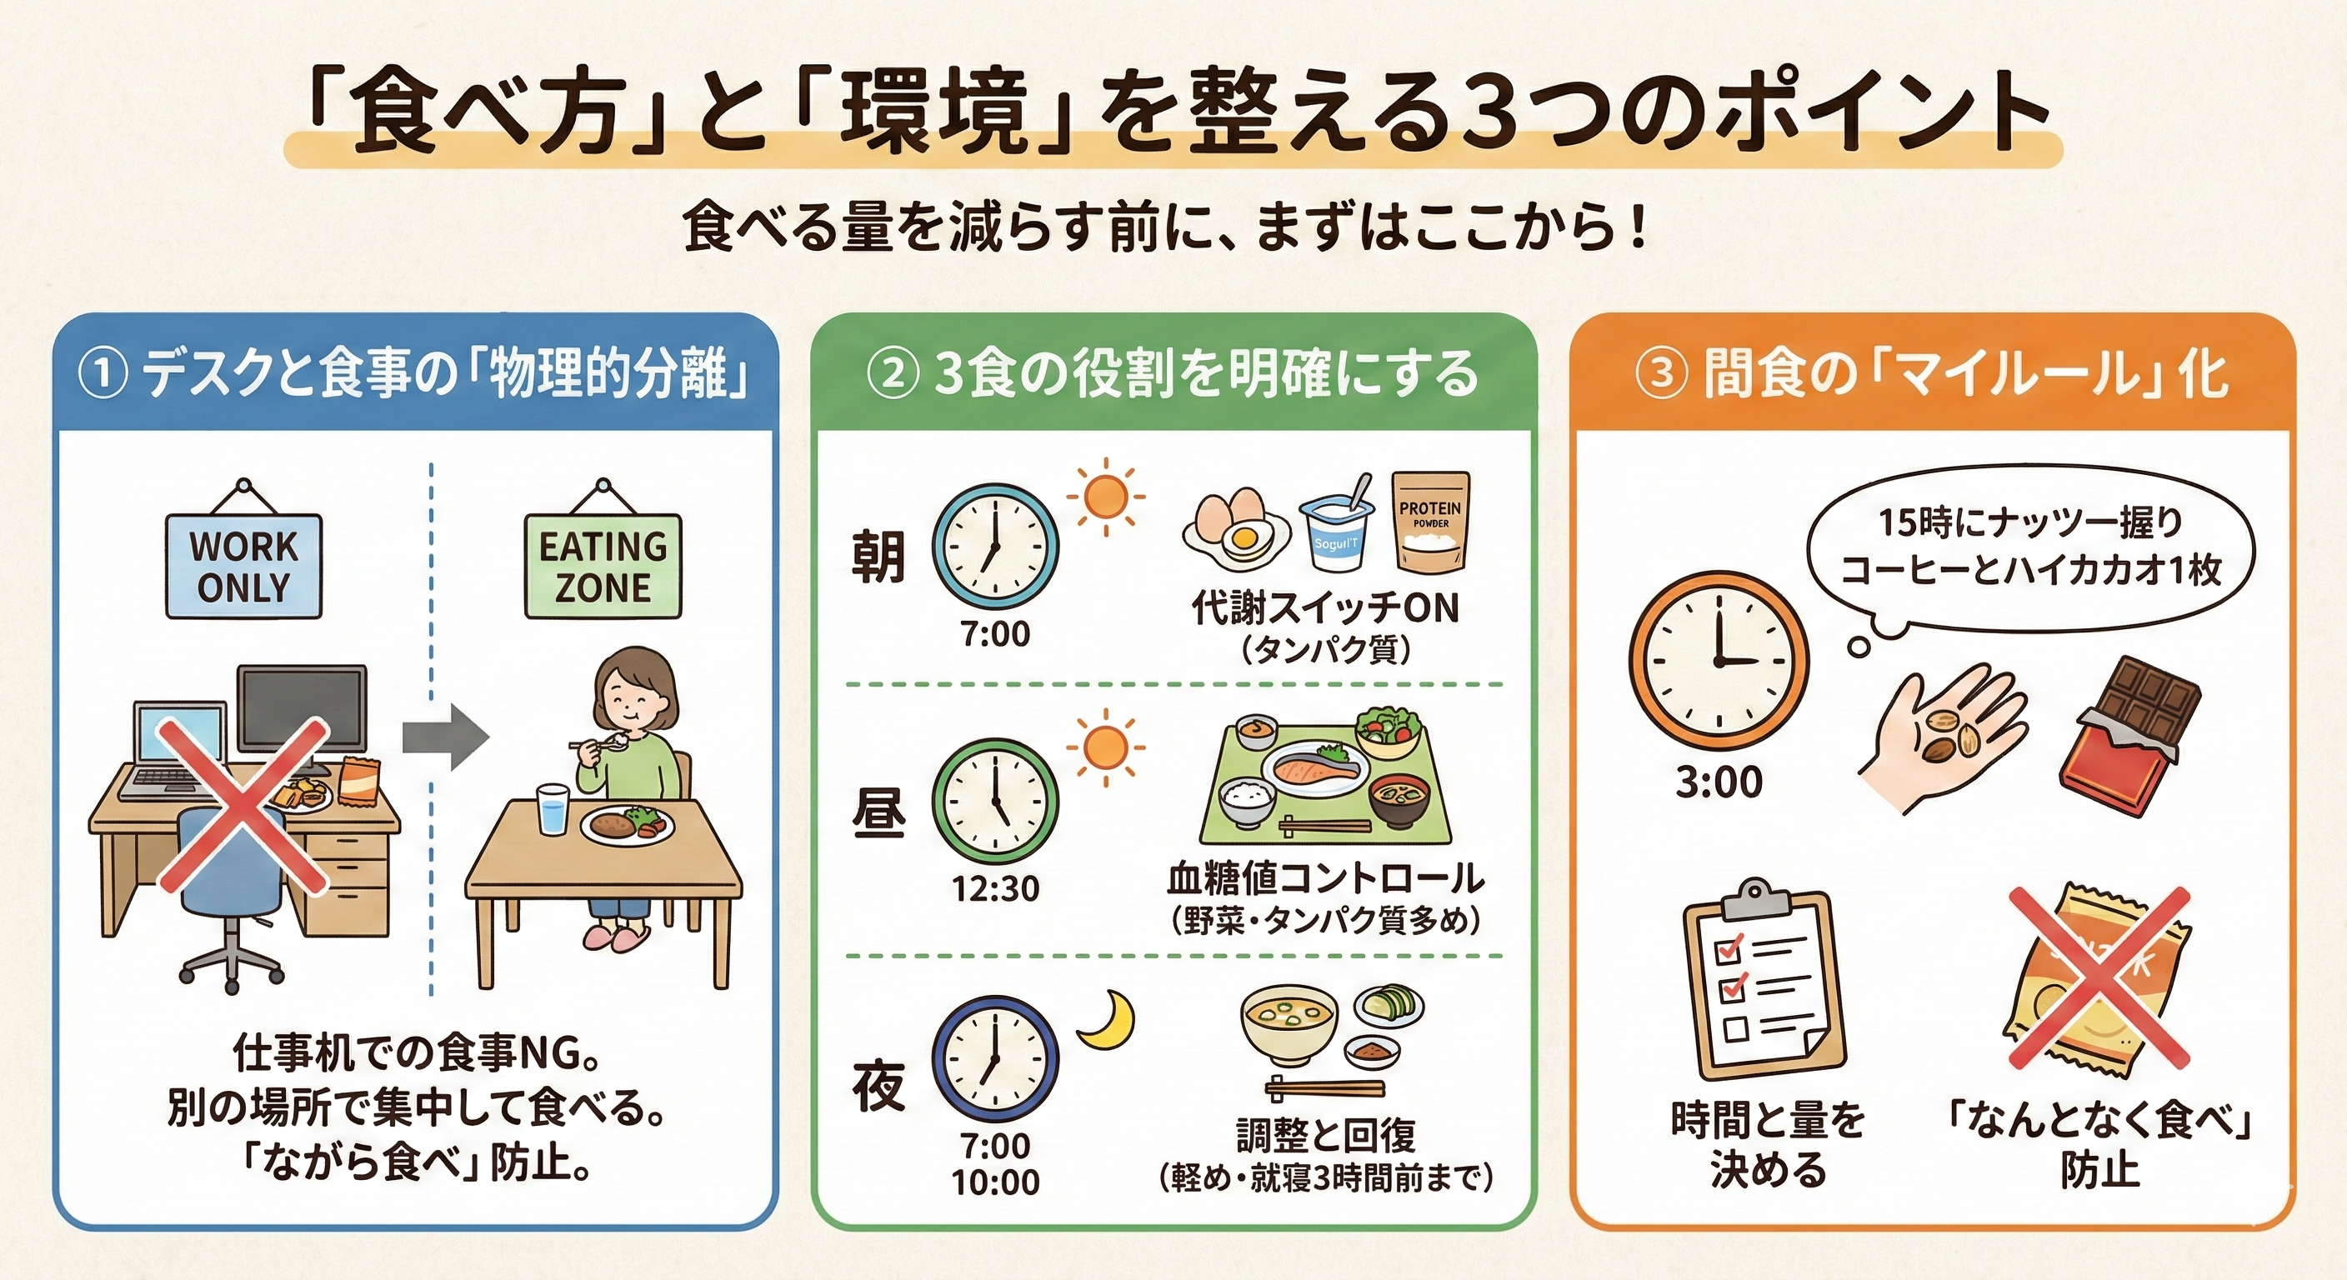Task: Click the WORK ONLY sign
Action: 243,566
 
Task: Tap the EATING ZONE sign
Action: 603,566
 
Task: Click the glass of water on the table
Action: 552,809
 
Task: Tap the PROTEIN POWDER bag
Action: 1429,523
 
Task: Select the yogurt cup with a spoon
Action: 1339,528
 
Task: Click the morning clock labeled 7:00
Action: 995,547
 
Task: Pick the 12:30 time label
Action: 995,889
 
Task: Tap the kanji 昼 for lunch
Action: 878,812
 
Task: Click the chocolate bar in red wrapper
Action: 2129,734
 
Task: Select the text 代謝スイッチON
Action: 1326,608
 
